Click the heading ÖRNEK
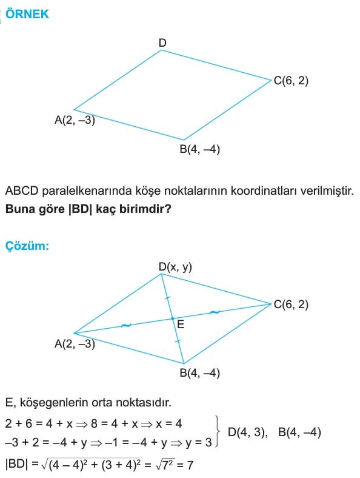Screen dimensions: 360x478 (27, 14)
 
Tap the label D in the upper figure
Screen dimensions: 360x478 (162, 42)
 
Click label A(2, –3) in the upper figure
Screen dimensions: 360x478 (75, 120)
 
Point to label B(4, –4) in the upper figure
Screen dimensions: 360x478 (200, 149)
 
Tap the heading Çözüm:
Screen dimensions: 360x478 (27, 246)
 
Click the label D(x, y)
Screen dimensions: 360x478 (175, 267)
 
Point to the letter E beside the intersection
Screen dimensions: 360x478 (181, 325)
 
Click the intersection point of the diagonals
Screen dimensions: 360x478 (172, 318)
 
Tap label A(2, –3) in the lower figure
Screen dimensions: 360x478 (75, 344)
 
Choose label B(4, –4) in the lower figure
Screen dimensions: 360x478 (200, 373)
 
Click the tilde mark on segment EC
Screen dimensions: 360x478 (215, 312)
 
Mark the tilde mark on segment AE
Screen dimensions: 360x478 (126, 326)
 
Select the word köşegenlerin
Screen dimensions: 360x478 (54, 403)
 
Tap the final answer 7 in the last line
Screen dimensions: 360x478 (190, 465)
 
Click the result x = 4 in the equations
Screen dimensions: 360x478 (168, 423)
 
